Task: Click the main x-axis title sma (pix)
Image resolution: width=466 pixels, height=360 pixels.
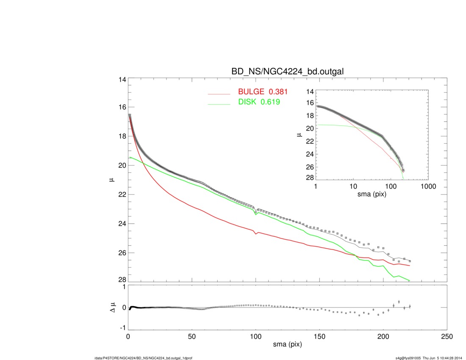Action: pos(287,345)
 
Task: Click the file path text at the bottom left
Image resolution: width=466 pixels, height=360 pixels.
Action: pos(143,358)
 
